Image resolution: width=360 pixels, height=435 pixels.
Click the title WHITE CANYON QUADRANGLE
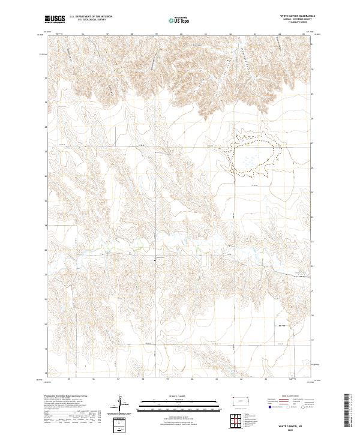pyautogui.click(x=296, y=17)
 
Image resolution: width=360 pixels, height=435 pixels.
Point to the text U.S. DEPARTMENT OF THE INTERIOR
pyautogui.click(x=91, y=17)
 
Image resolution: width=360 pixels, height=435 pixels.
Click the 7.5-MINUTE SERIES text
pyautogui.click(x=296, y=24)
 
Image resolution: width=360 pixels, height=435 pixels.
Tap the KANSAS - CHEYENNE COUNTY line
pyautogui.click(x=296, y=20)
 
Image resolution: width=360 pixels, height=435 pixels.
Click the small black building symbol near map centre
pyautogui.click(x=156, y=259)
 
